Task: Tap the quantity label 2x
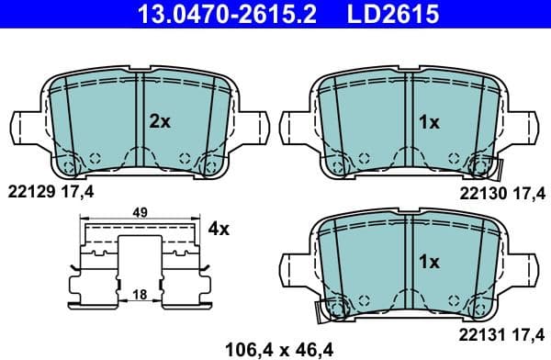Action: (160, 120)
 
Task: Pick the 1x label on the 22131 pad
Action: (429, 262)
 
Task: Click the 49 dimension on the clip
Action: (140, 212)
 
